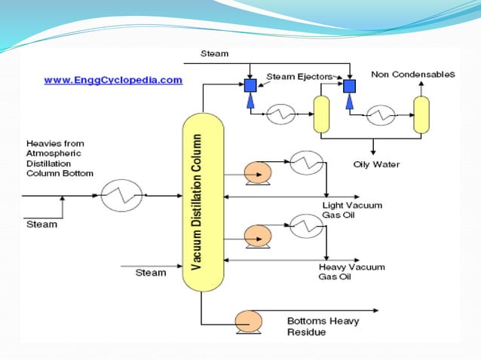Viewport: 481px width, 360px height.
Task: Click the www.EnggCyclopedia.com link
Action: (112, 79)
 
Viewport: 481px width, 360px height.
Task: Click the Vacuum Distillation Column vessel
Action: (203, 203)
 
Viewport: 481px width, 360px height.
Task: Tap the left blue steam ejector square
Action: (251, 86)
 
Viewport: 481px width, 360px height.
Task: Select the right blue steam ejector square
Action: (349, 86)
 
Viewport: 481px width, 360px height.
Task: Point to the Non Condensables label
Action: (412, 75)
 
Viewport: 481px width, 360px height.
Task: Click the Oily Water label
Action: (376, 164)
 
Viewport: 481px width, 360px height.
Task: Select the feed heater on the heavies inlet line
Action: (118, 195)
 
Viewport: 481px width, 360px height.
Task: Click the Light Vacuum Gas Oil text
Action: (351, 210)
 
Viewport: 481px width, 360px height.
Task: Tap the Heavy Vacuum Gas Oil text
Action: (352, 272)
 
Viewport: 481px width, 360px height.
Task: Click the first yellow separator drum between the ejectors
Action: (322, 114)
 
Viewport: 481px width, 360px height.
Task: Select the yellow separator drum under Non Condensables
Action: (420, 114)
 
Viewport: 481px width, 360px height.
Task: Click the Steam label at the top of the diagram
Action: (214, 53)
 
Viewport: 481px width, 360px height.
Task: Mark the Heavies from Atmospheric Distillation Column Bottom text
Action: (60, 158)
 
